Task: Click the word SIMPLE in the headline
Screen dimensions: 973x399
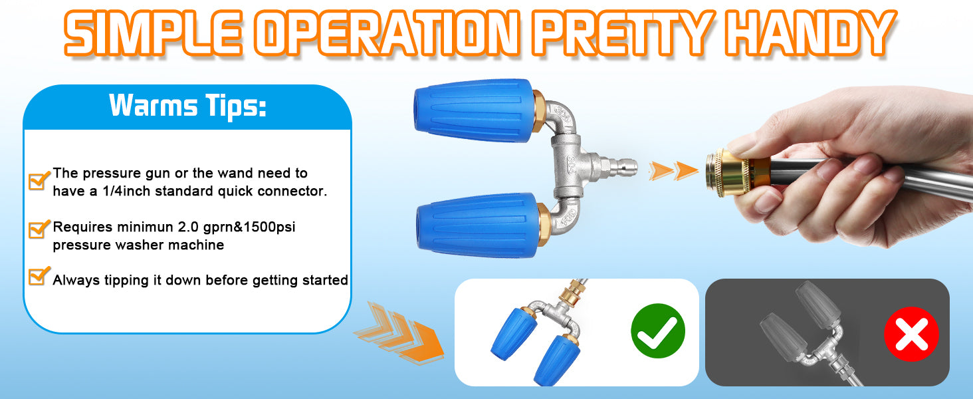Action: coord(153,33)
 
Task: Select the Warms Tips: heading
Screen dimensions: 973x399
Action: coord(187,106)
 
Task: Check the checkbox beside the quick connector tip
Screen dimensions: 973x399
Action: coord(39,180)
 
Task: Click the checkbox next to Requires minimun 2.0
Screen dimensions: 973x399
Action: coord(39,229)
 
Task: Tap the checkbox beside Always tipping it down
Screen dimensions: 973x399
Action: coord(39,276)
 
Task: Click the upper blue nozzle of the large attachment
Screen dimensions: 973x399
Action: coord(473,111)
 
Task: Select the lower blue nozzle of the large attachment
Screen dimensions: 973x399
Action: coord(477,225)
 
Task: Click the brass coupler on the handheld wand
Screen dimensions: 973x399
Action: coord(729,172)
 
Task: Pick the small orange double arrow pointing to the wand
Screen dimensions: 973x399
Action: coord(673,171)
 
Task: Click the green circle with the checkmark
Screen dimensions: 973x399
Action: coord(658,331)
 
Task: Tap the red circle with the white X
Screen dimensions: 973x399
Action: coord(911,334)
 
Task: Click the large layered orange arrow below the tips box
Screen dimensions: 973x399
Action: coord(399,332)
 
